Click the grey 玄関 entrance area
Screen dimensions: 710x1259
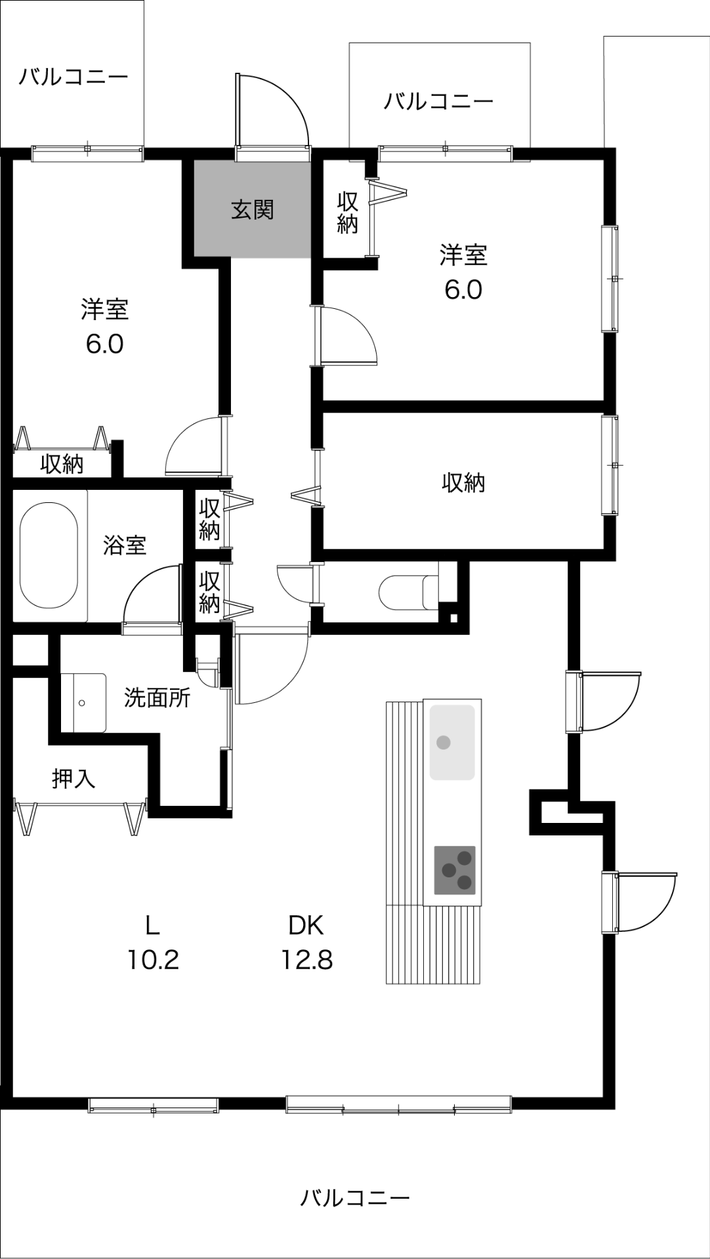pos(252,209)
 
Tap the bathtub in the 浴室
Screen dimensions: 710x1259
pos(49,556)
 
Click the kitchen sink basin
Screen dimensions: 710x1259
pos(452,742)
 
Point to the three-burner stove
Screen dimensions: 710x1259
pos(455,869)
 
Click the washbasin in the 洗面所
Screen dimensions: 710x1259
pos(83,702)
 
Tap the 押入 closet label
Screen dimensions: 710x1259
pos(74,778)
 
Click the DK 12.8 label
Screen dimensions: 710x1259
pos(306,942)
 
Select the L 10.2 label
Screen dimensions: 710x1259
pos(152,942)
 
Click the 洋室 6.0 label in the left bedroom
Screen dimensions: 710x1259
pos(104,327)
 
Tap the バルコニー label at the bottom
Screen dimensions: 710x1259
pos(355,1198)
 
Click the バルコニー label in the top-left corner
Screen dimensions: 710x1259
pos(73,77)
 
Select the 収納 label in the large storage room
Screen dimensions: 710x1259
pos(463,483)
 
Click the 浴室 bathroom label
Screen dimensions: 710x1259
pos(125,545)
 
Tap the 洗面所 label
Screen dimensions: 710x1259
pos(157,698)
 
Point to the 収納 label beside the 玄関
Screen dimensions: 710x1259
pos(347,212)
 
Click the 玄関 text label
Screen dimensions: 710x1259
pos(252,210)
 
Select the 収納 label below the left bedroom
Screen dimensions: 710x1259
pos(62,464)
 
